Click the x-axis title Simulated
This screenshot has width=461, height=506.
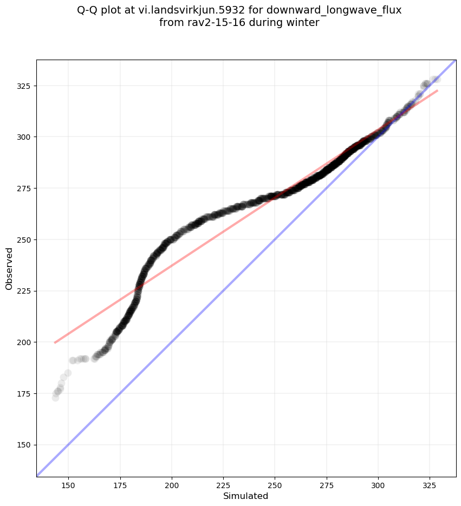pyautogui.click(x=246, y=496)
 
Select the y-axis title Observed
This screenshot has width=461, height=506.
pyautogui.click(x=9, y=268)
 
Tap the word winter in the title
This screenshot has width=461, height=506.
pyautogui.click(x=304, y=23)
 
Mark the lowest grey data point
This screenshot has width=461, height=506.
pyautogui.click(x=55, y=398)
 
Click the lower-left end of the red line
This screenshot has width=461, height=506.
pyautogui.click(x=55, y=342)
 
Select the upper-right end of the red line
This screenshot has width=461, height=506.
pyautogui.click(x=437, y=90)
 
